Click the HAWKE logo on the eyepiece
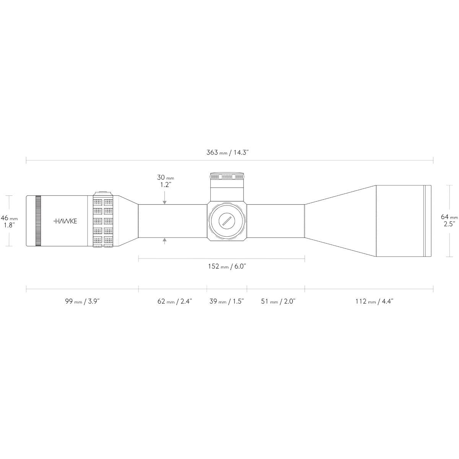(65, 221)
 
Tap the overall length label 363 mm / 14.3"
(228, 153)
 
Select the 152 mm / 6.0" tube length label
(227, 266)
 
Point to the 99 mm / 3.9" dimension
(82, 301)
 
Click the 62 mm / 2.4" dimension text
(174, 301)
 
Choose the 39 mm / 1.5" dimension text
(227, 301)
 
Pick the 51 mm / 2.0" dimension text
(278, 301)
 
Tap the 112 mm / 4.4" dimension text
(374, 301)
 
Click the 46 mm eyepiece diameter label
(9, 218)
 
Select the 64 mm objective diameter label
(449, 217)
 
